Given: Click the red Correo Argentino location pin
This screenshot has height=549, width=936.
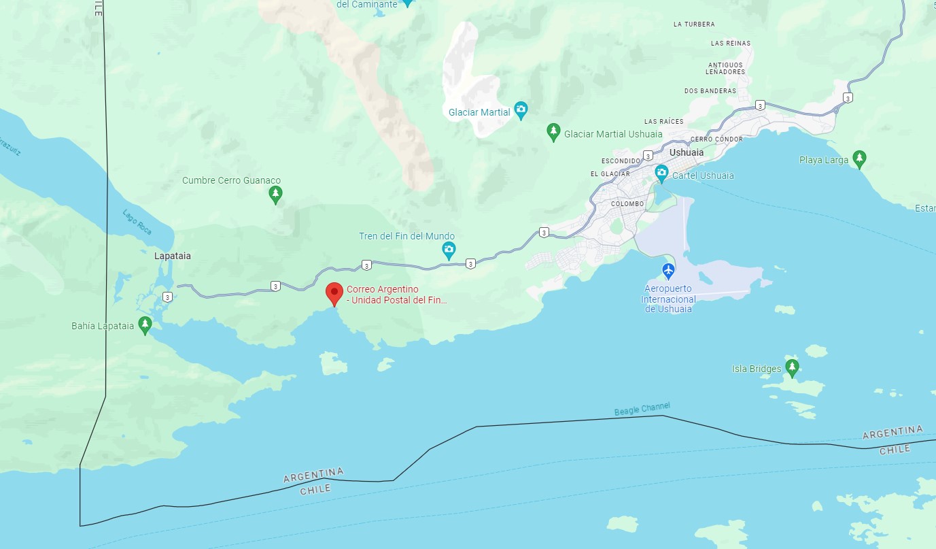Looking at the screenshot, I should click(x=334, y=293).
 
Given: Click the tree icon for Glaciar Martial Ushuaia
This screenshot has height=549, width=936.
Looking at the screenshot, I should click(x=553, y=132).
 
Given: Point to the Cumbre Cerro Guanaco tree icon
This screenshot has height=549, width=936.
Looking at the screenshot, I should click(x=275, y=195).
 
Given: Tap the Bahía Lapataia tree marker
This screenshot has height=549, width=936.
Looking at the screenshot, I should click(x=144, y=325).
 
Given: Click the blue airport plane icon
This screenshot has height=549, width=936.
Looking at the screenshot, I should click(x=668, y=271).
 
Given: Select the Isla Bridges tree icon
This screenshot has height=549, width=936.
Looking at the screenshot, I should click(x=791, y=367).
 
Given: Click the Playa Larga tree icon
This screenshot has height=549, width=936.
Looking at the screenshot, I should click(x=859, y=159).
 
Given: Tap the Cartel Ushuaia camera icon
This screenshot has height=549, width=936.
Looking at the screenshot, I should click(x=661, y=174).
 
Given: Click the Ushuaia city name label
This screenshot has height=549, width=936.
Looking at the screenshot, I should click(x=687, y=152).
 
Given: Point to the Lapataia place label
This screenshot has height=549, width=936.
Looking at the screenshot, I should click(x=173, y=256).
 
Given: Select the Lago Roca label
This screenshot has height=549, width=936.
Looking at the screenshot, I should click(x=137, y=222).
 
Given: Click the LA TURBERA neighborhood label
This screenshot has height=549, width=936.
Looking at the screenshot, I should click(x=694, y=24).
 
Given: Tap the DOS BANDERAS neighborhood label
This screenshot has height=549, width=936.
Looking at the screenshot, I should click(x=710, y=90).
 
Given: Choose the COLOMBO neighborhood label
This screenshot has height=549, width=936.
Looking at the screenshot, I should click(x=627, y=203).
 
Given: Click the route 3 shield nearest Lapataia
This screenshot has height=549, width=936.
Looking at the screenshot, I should click(x=167, y=297).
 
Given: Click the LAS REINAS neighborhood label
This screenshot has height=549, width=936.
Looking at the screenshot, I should click(x=731, y=44).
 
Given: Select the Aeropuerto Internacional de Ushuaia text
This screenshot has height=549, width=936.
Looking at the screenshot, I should click(x=669, y=299).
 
